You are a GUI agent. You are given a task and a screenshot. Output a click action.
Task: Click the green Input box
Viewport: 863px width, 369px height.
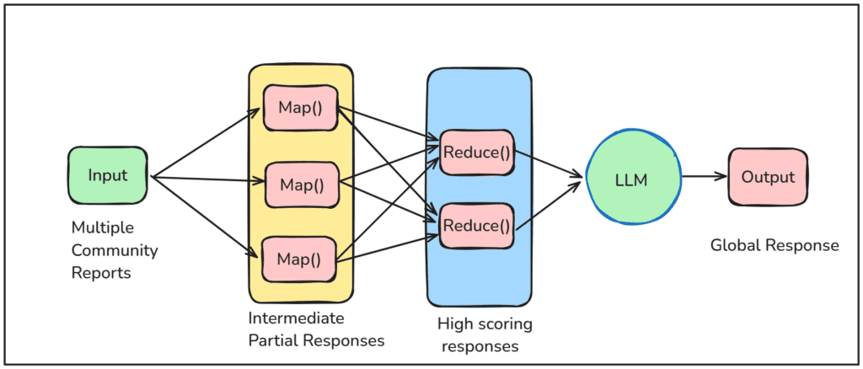point(107,176)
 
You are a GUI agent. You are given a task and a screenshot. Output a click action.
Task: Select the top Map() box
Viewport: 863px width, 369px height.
point(300,109)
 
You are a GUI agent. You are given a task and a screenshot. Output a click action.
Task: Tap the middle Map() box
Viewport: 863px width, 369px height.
point(301,184)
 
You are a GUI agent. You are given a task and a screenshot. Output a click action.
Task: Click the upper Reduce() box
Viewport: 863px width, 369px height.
point(477,152)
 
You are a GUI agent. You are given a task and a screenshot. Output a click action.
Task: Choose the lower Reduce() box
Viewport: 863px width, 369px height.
point(477,226)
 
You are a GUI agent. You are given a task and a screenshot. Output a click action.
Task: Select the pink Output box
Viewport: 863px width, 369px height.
point(767,177)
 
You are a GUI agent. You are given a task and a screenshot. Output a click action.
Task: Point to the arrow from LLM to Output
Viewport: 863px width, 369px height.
point(704,177)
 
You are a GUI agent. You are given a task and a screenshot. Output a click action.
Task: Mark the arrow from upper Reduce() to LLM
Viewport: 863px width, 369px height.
point(548,165)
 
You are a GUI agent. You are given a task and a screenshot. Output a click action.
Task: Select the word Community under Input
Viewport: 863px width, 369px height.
point(115,250)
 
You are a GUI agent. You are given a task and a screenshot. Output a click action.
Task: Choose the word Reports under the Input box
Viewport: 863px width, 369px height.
point(100,273)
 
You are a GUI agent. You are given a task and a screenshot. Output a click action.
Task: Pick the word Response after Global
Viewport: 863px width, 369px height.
point(800,245)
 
